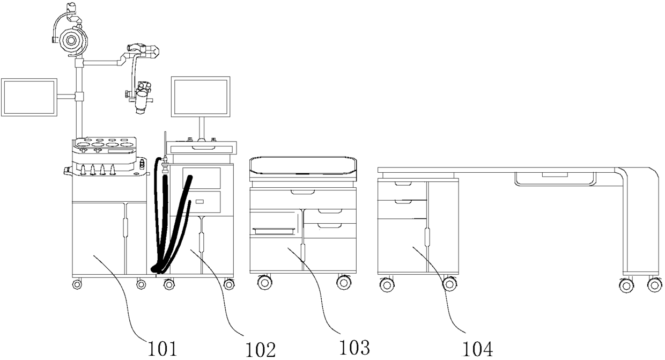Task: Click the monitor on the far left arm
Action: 29,97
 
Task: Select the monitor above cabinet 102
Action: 201,97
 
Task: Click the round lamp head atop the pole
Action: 71,38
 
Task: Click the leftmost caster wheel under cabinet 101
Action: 77,284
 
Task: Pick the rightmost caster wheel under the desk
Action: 654,285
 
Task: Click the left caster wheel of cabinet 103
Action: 264,282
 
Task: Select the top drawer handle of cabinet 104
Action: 402,183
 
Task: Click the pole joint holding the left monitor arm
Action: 79,97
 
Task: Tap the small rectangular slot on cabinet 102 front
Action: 199,201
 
